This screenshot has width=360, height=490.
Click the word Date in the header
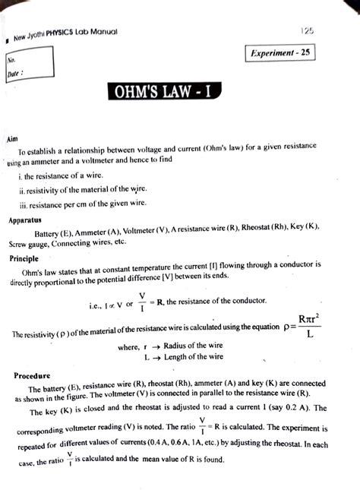coord(17,74)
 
